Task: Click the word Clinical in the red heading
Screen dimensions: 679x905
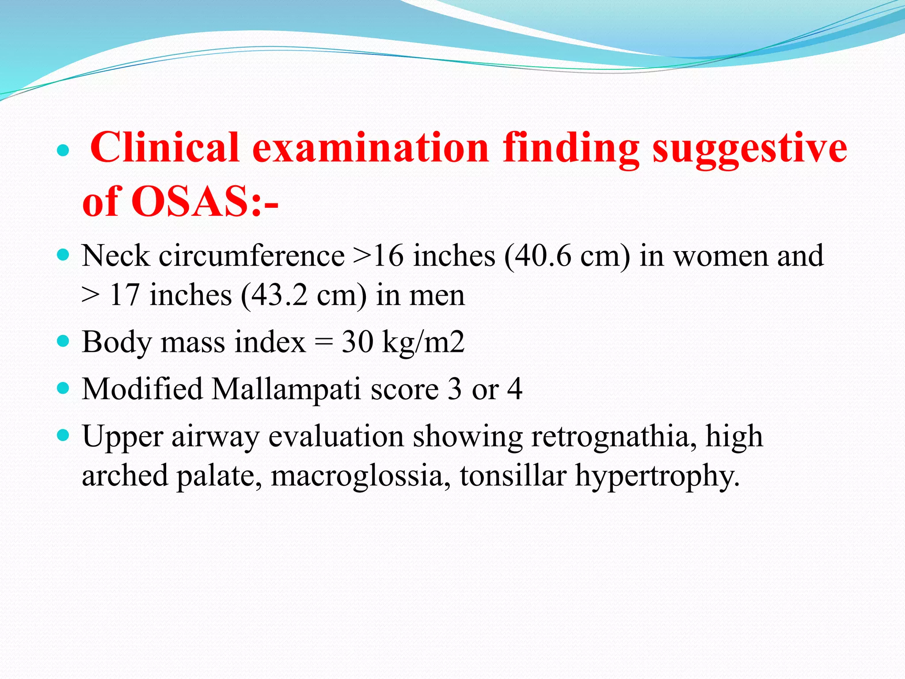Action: (x=164, y=148)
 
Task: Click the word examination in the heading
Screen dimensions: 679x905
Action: (x=370, y=148)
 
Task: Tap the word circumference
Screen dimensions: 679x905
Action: (x=252, y=256)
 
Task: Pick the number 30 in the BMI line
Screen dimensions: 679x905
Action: (x=357, y=342)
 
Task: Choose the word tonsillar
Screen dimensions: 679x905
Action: (x=513, y=476)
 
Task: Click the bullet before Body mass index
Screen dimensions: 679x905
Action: (x=64, y=342)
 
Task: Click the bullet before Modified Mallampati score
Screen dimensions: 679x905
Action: (x=64, y=389)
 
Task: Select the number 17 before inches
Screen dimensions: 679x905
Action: (x=124, y=296)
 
